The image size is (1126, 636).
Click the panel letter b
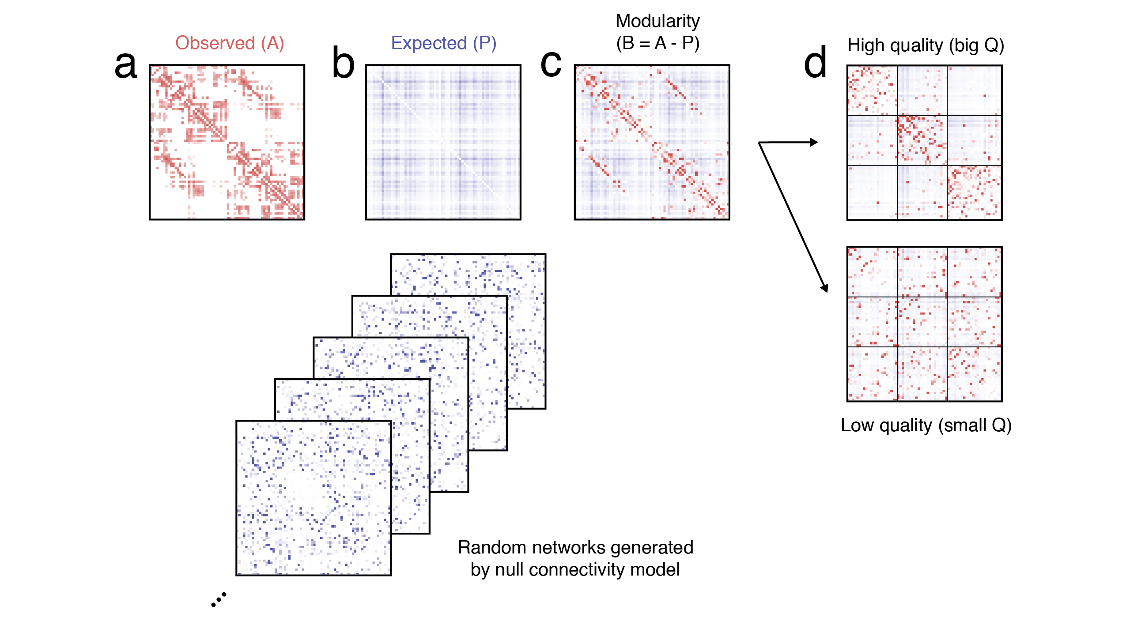343,63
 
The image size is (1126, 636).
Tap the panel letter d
815,63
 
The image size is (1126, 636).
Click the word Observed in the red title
215,43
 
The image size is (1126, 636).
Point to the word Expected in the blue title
429,43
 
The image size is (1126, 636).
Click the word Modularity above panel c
657,21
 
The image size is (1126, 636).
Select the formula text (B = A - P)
657,43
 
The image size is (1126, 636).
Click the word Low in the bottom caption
857,425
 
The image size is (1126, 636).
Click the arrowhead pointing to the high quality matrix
814,142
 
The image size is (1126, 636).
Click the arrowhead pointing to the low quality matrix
824,288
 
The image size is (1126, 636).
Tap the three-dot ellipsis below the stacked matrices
219,600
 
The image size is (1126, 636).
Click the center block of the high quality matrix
922,140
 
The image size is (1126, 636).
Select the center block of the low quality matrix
922,322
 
